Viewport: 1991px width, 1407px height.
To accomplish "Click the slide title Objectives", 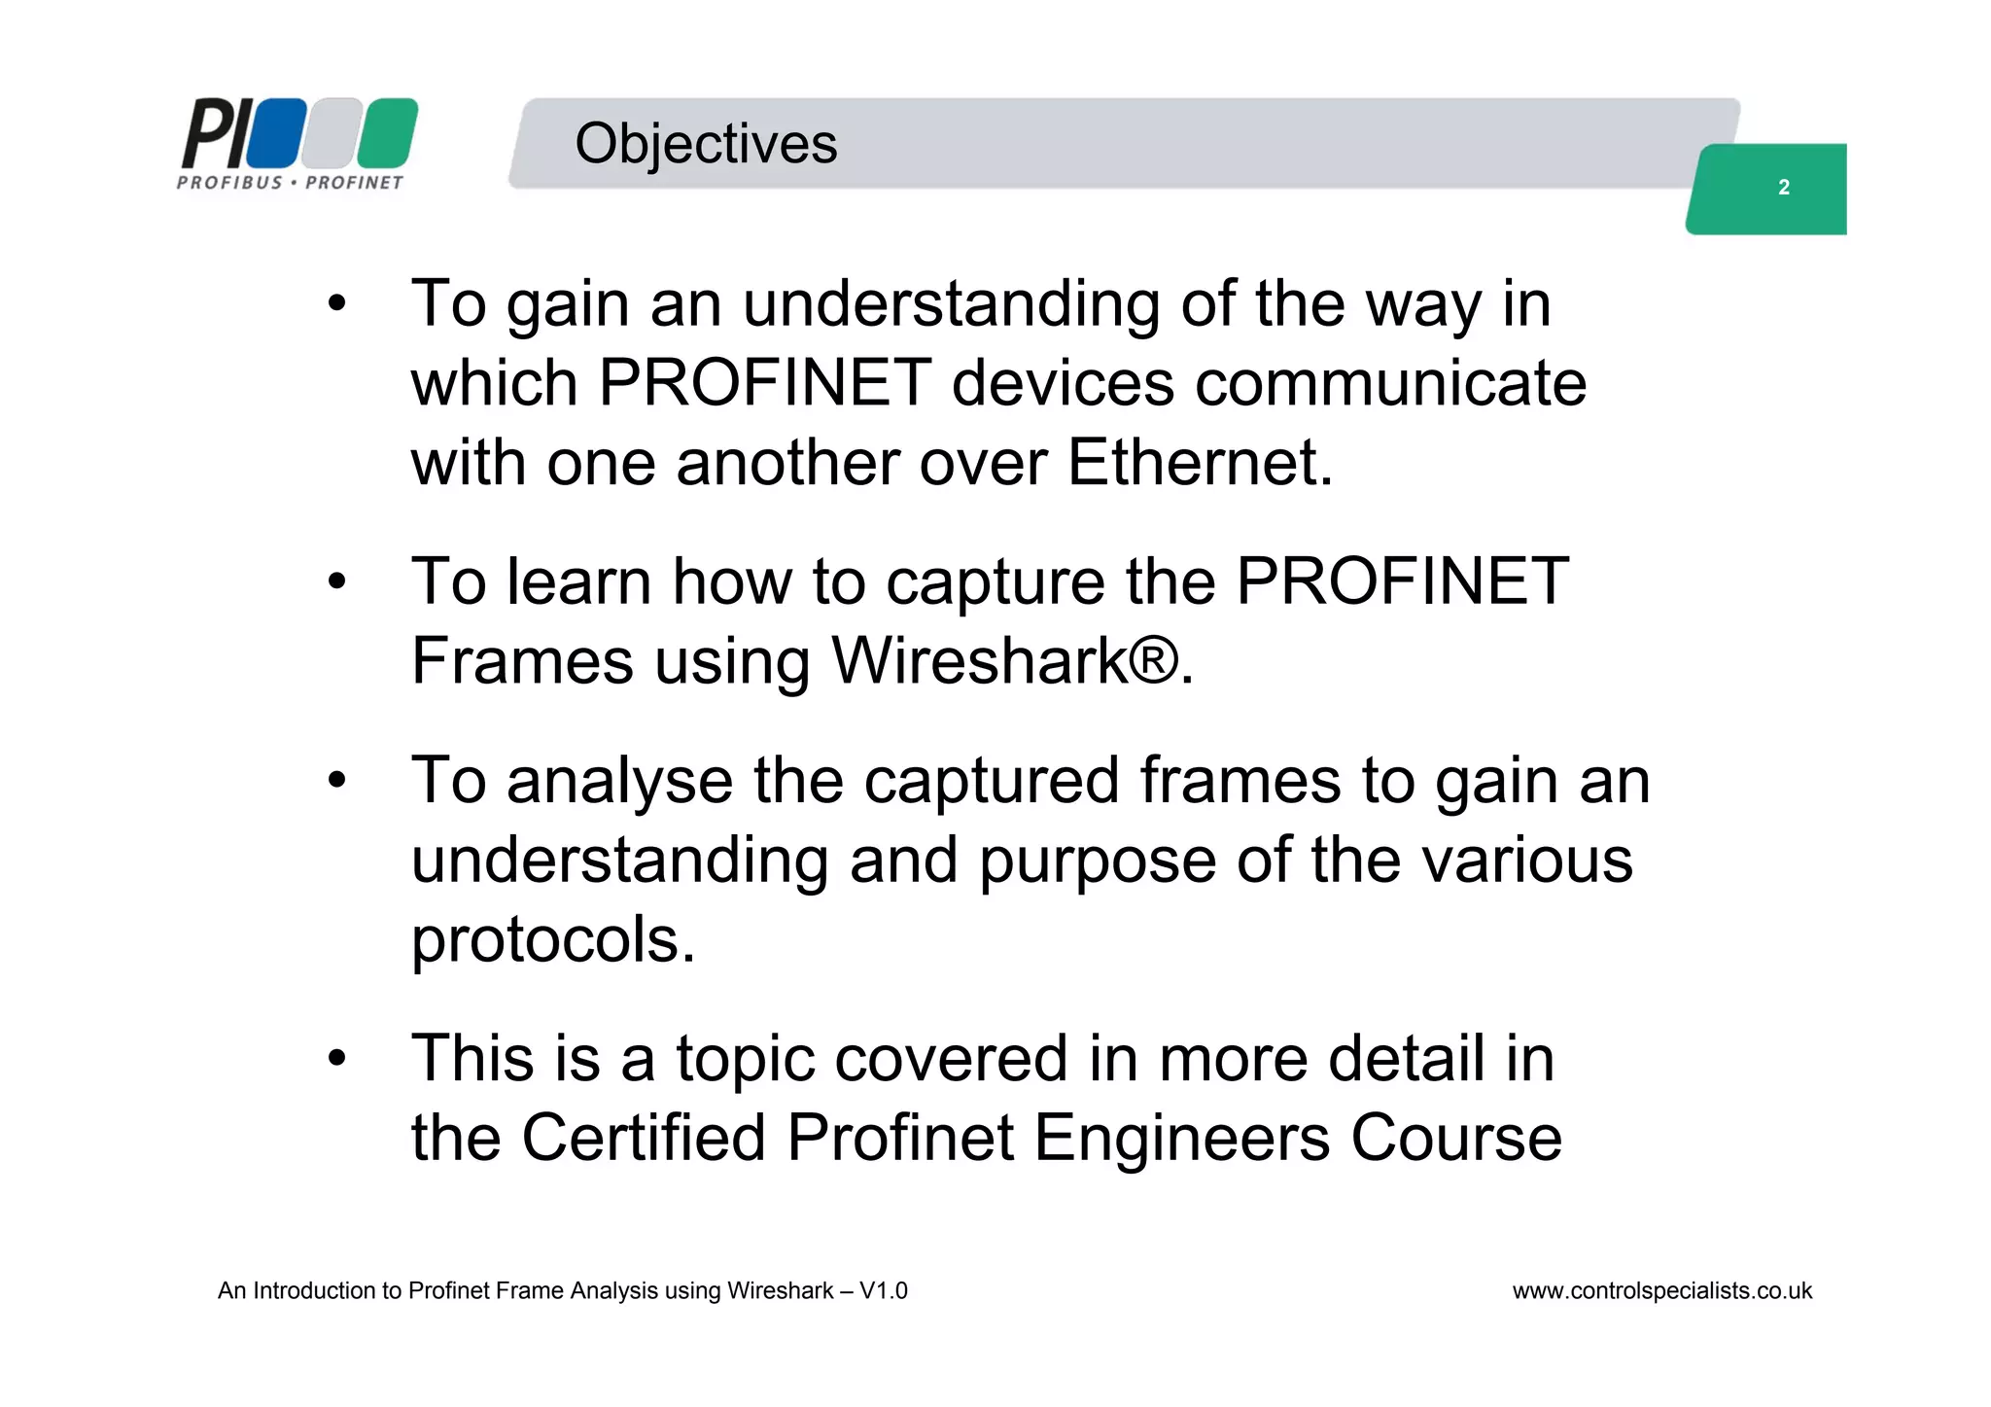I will (x=705, y=144).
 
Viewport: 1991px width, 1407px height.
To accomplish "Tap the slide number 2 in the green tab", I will (x=1783, y=188).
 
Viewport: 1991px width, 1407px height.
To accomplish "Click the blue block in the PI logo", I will (x=276, y=132).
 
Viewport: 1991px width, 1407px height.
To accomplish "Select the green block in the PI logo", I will (x=387, y=132).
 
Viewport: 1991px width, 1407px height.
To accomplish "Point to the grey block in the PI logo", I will (x=332, y=132).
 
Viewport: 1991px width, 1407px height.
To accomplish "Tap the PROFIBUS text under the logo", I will (x=229, y=183).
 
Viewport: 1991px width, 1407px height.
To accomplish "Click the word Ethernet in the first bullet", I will (x=1200, y=463).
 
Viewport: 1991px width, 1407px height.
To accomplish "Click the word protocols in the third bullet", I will (x=553, y=941).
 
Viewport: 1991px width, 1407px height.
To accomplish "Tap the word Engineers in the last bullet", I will (x=1180, y=1139).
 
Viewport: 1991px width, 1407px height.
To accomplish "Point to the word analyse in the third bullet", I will (x=619, y=781).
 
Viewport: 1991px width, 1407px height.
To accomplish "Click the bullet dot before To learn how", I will (x=336, y=583).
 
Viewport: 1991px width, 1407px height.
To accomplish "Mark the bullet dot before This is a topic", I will (x=336, y=1059).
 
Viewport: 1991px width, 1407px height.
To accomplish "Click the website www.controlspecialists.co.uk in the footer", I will (x=1661, y=1291).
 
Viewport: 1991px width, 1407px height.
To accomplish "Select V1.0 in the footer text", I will (x=883, y=1291).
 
